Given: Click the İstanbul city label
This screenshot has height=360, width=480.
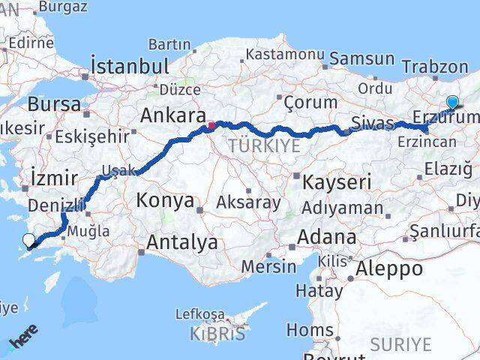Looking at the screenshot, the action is click(129, 66).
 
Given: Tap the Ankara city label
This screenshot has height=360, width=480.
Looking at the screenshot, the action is click(173, 116).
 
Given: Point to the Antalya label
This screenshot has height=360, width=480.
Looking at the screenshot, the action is click(182, 242).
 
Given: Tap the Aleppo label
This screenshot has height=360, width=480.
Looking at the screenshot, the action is click(390, 268).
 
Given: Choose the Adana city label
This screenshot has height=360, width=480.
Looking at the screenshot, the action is click(327, 237).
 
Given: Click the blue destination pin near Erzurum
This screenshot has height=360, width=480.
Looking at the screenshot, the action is click(452, 103).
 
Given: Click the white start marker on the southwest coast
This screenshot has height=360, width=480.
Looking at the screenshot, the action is click(28, 241).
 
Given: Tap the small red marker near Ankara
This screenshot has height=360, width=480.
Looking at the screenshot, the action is click(211, 125).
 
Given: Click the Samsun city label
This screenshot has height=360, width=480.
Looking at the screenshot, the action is click(362, 58).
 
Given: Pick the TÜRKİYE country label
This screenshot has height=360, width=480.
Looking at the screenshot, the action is click(263, 145).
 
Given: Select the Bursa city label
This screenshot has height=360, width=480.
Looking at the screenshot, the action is click(55, 103).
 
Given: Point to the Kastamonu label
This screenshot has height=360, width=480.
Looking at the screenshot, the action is click(284, 54).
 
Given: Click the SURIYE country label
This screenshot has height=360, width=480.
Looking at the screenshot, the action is click(401, 344).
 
